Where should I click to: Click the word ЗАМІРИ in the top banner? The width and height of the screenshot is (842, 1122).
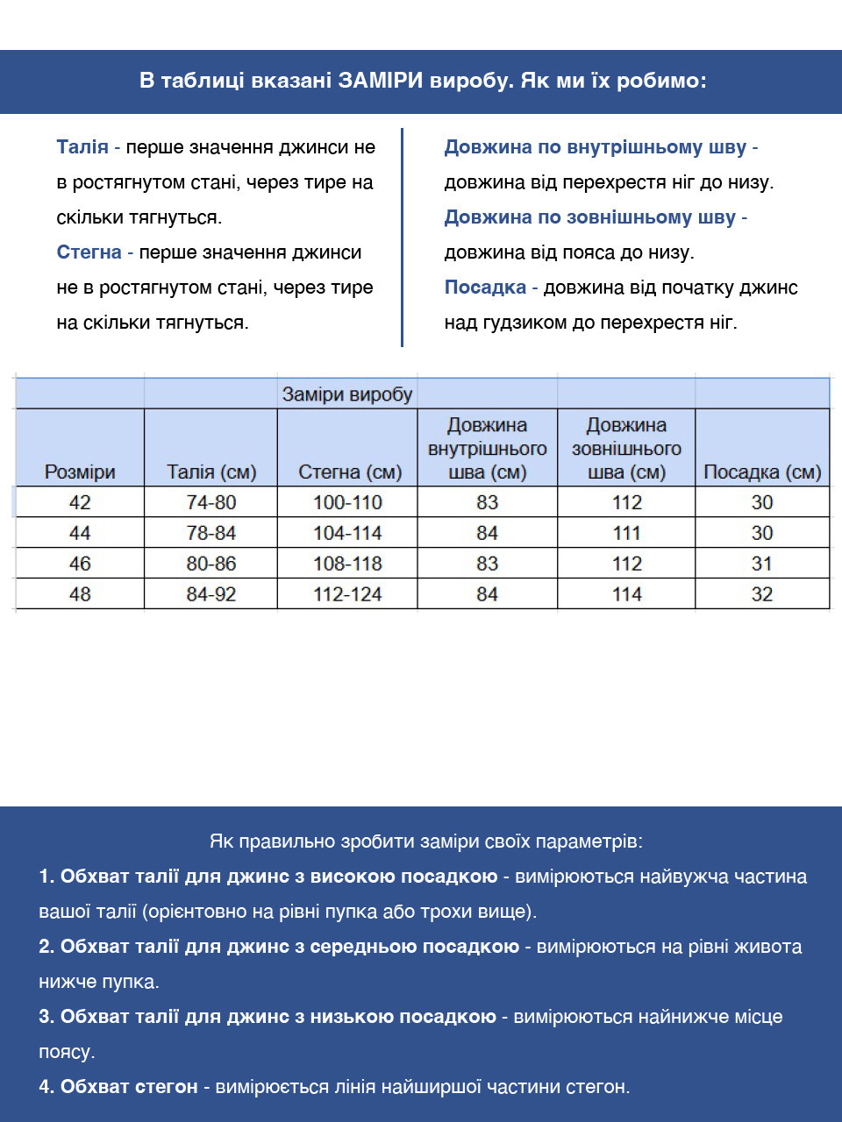[x=381, y=82]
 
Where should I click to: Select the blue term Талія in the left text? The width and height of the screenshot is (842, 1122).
[x=82, y=147]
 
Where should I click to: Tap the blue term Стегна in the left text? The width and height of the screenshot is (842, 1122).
[x=89, y=252]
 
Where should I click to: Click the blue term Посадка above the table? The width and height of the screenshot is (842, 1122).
[x=485, y=288]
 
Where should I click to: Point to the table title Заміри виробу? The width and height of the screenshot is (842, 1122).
[x=347, y=394]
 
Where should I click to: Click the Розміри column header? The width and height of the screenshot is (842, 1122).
[x=80, y=472]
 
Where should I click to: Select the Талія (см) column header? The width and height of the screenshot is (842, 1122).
[x=211, y=472]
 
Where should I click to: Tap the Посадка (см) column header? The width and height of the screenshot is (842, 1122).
[x=762, y=472]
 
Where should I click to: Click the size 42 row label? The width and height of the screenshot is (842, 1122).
[x=80, y=502]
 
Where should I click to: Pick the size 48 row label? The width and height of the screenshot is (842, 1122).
[x=80, y=594]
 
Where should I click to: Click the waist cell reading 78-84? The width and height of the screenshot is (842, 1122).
[x=211, y=533]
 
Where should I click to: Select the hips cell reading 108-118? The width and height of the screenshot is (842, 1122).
[x=347, y=564]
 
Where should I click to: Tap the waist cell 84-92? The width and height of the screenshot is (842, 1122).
[x=211, y=594]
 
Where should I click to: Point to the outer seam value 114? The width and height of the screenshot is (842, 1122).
[x=627, y=594]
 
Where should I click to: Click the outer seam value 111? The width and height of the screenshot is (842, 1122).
[x=627, y=533]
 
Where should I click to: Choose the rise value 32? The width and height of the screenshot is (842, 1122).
[x=762, y=594]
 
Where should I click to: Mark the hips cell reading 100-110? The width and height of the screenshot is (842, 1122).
[x=347, y=502]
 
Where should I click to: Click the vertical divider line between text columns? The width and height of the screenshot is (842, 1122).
[x=402, y=237]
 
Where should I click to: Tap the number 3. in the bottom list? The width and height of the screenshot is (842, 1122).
[x=46, y=1017]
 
